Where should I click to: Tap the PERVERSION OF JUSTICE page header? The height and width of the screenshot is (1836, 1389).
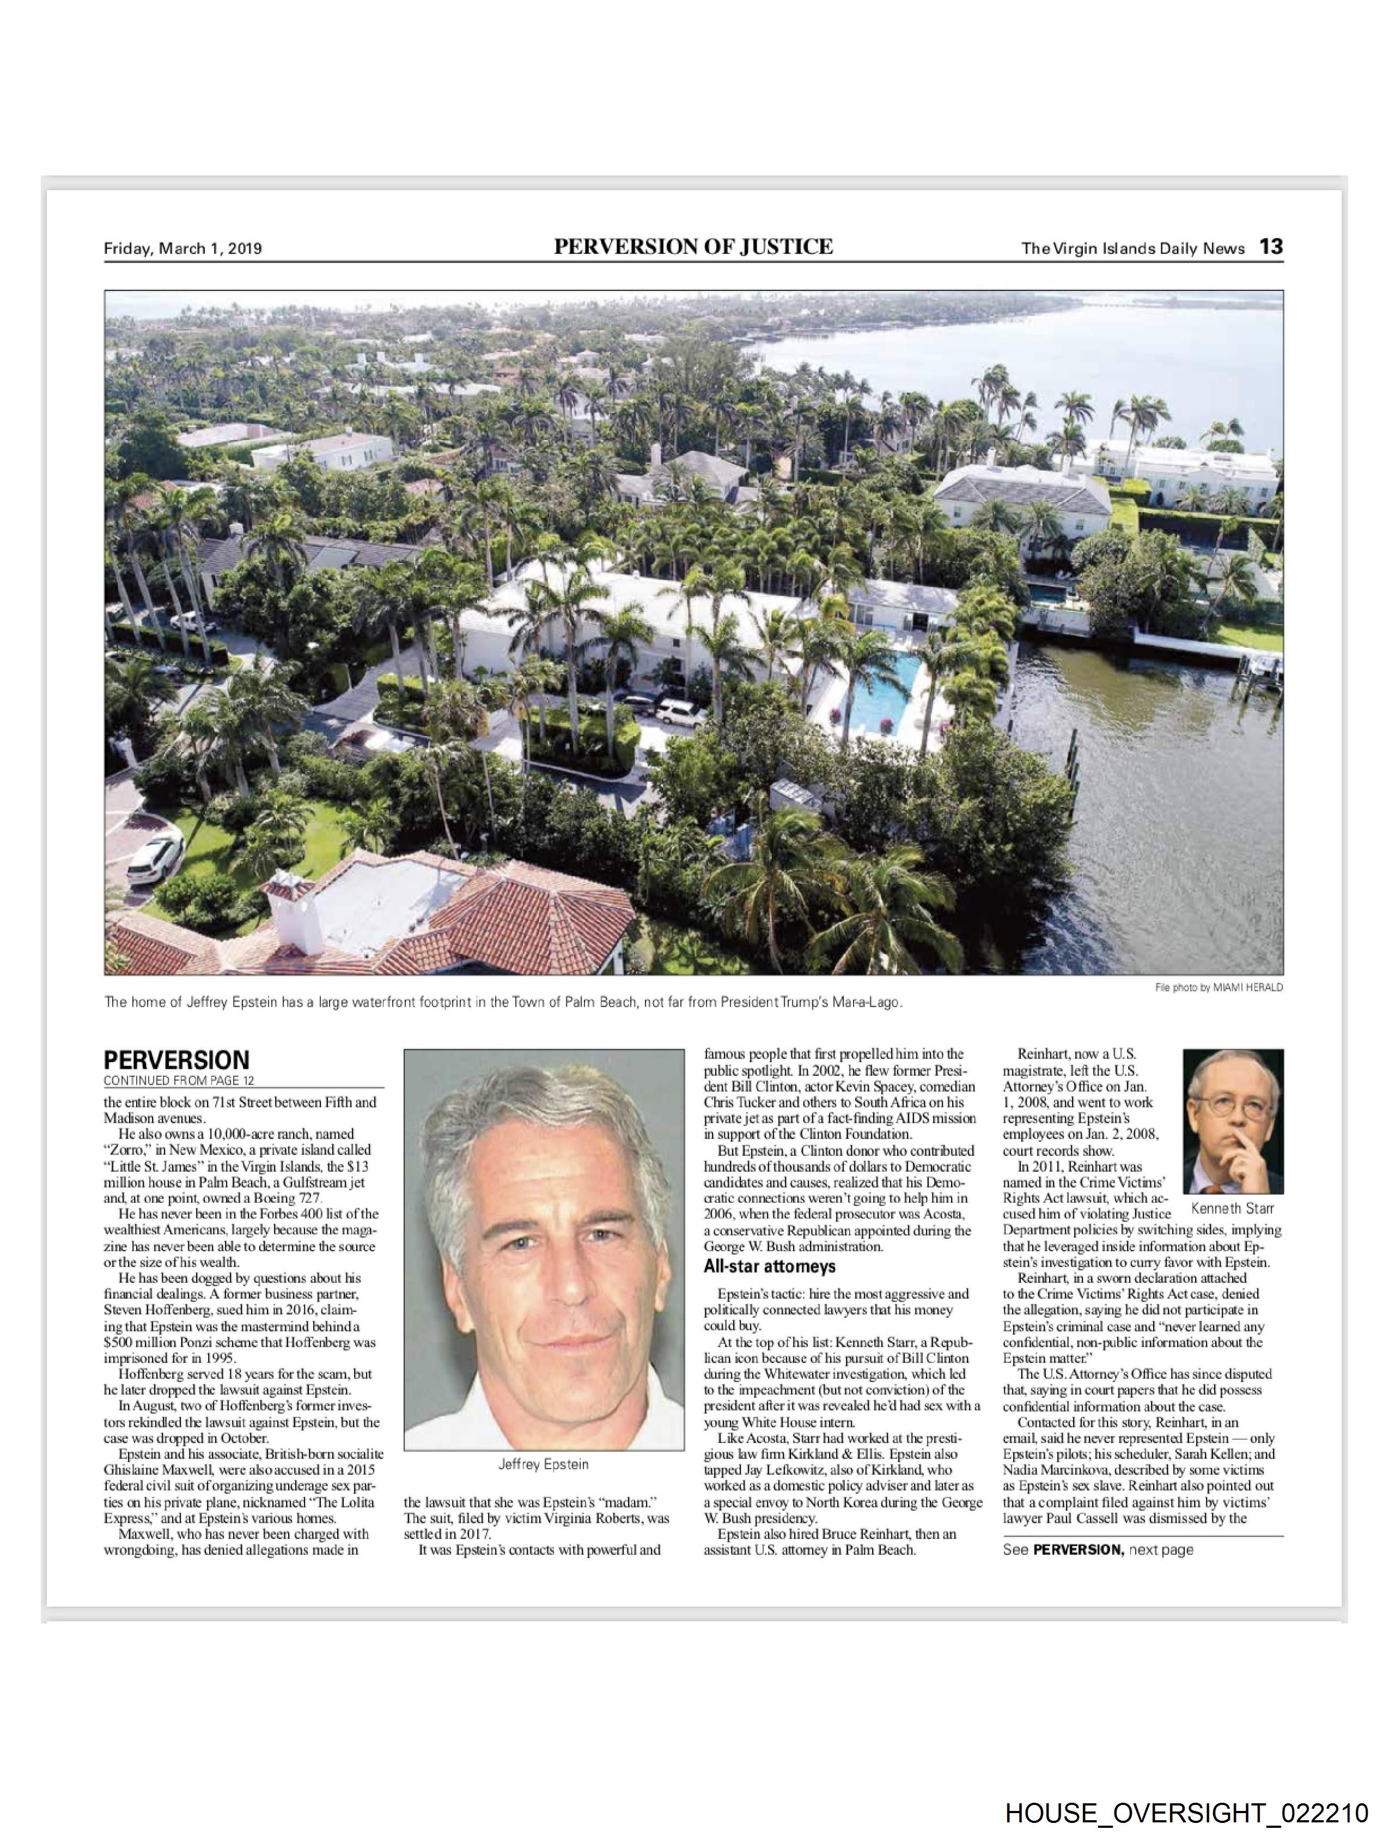(693, 246)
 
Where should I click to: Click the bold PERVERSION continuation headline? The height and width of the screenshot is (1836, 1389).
(176, 1060)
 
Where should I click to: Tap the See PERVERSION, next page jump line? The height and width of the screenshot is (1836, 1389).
(1097, 1550)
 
